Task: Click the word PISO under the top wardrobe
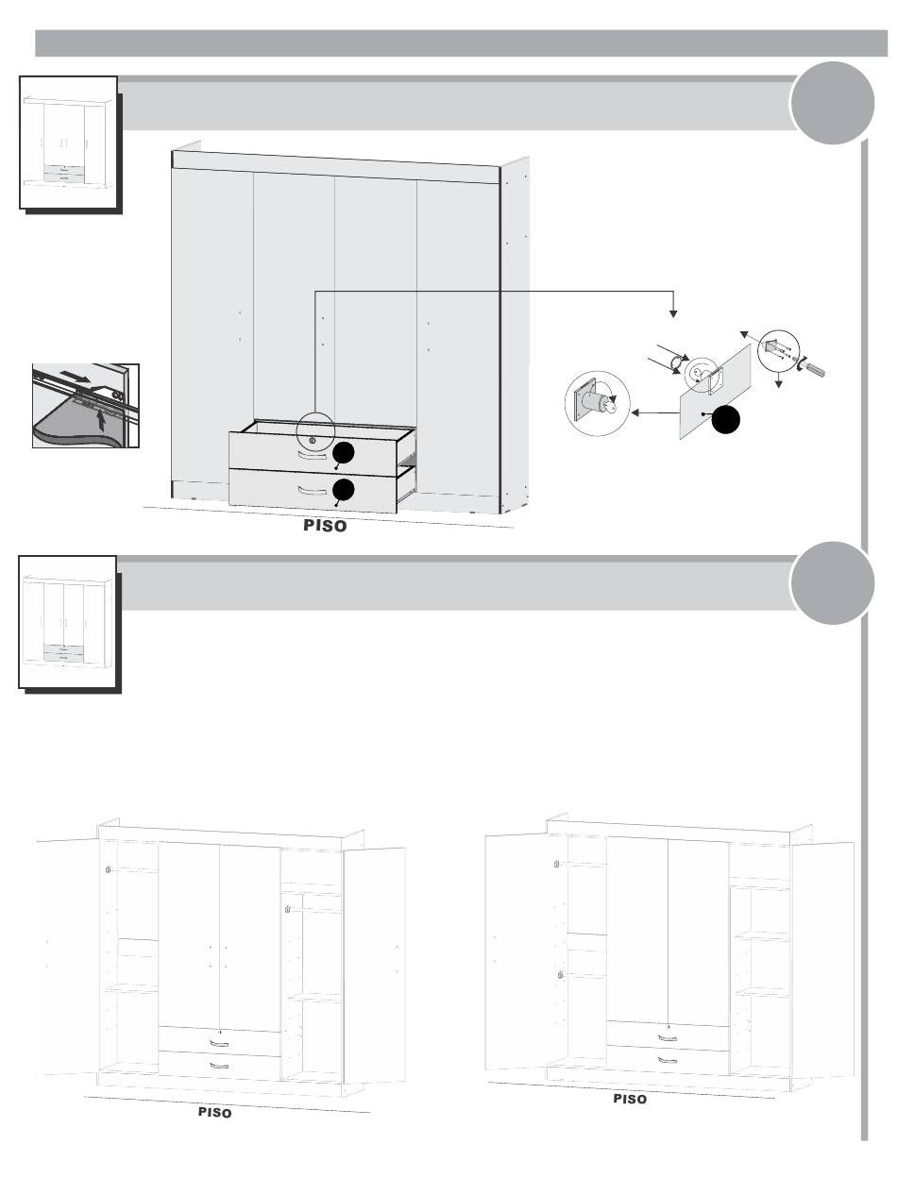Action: coord(325,528)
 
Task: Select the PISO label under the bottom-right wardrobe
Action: coord(630,1100)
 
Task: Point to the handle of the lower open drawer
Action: coord(312,491)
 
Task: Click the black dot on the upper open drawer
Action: coord(344,454)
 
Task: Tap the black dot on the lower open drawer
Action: coord(344,490)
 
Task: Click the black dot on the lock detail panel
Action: coord(724,420)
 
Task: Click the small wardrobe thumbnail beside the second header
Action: coord(69,623)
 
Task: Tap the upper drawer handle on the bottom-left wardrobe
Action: coord(219,1044)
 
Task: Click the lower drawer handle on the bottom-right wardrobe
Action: coord(668,1059)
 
